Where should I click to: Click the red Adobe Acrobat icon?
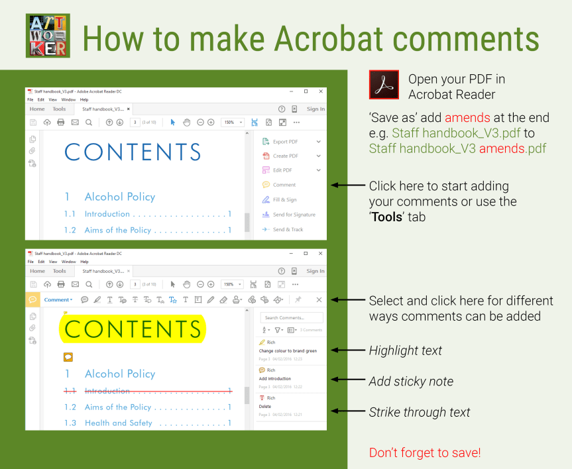[384, 85]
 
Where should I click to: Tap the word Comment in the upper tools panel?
[284, 185]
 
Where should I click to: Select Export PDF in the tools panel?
[285, 142]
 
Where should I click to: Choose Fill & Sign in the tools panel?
[285, 199]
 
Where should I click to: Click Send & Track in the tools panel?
[288, 229]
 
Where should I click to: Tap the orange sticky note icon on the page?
[68, 356]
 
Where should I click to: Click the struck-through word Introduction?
[107, 391]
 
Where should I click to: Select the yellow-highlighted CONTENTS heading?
[133, 329]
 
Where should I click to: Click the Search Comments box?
[292, 318]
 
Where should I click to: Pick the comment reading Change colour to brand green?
[288, 351]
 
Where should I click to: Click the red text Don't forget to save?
[425, 453]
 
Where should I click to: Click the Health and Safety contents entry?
[119, 423]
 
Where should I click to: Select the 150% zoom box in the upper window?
[232, 123]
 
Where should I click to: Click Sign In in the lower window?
[315, 271]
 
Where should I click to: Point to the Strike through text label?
[420, 412]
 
